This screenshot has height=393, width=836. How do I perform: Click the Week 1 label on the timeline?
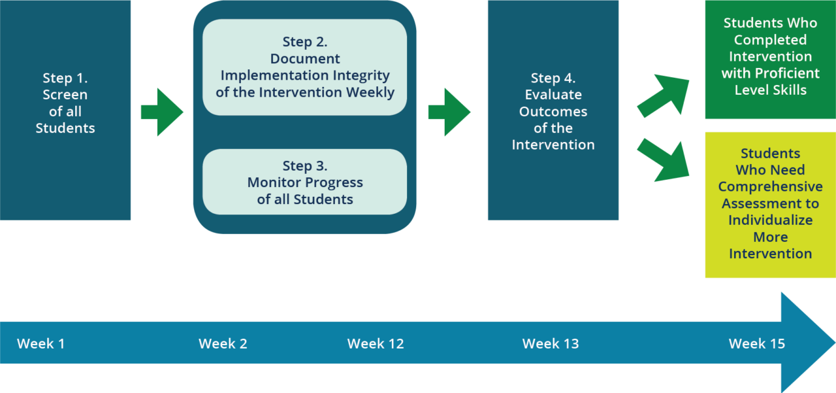click(40, 343)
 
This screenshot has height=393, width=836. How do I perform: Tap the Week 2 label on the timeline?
click(223, 343)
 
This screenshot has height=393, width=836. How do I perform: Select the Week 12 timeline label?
click(376, 343)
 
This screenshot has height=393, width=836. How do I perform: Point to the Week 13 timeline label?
click(551, 343)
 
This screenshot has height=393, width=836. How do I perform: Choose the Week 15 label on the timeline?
click(757, 343)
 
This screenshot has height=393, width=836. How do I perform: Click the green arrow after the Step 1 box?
click(162, 112)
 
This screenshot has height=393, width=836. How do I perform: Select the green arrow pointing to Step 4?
click(449, 112)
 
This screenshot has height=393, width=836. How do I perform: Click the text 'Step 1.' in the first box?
click(65, 78)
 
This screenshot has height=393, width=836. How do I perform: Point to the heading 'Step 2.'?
click(305, 42)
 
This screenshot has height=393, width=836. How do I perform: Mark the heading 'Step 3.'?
click(305, 165)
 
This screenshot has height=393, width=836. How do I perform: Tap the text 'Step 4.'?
click(553, 78)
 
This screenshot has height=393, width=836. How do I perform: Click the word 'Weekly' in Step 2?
click(370, 92)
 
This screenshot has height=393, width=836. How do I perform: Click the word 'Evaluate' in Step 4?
click(553, 95)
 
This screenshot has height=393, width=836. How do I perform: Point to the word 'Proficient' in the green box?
click(787, 73)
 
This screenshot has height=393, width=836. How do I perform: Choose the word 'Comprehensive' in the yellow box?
click(770, 187)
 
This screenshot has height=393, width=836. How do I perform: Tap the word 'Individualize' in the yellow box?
click(770, 220)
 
